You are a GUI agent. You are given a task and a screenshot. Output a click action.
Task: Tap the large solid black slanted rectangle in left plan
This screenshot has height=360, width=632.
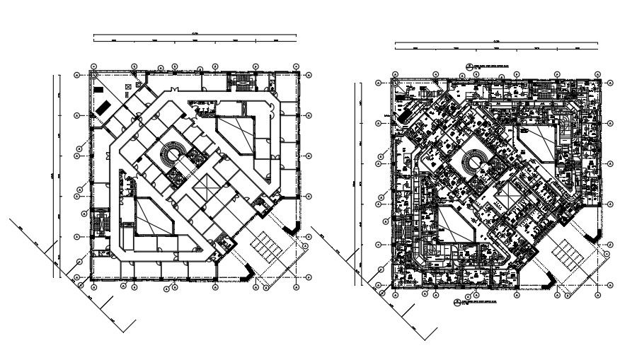[103, 108]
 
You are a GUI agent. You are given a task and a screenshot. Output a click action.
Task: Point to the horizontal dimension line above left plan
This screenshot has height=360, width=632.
[195, 34]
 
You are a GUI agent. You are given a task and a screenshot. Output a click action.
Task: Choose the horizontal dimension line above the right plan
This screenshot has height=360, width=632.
[495, 44]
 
